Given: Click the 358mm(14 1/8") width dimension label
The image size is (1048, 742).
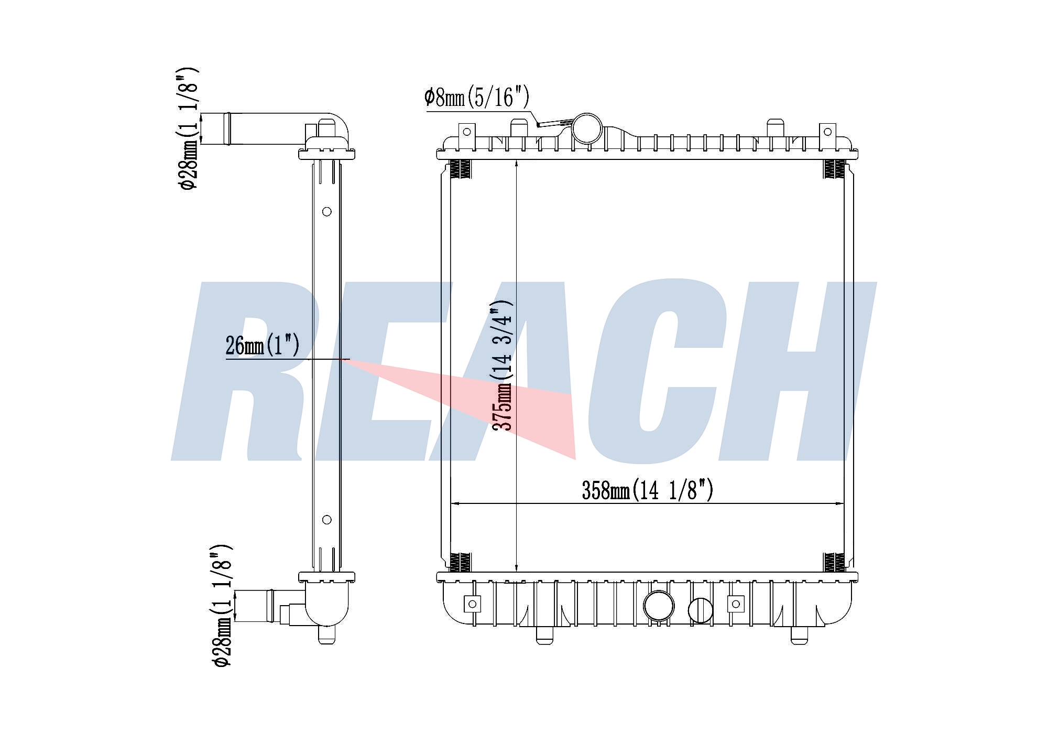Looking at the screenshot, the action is (648, 490).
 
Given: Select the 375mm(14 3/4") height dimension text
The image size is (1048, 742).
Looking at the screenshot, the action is (502, 365).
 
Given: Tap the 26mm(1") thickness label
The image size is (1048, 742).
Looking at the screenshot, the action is (263, 346).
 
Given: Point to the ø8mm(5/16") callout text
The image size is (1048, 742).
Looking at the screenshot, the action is (477, 97).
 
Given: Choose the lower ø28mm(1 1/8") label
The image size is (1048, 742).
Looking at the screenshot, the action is (221, 606).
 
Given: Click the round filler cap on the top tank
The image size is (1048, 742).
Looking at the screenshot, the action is (587, 128).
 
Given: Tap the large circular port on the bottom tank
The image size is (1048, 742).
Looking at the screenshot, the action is (659, 606).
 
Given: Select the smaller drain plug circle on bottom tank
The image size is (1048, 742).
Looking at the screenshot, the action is (700, 610).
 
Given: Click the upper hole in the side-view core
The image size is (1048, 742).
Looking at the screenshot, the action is (326, 212).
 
